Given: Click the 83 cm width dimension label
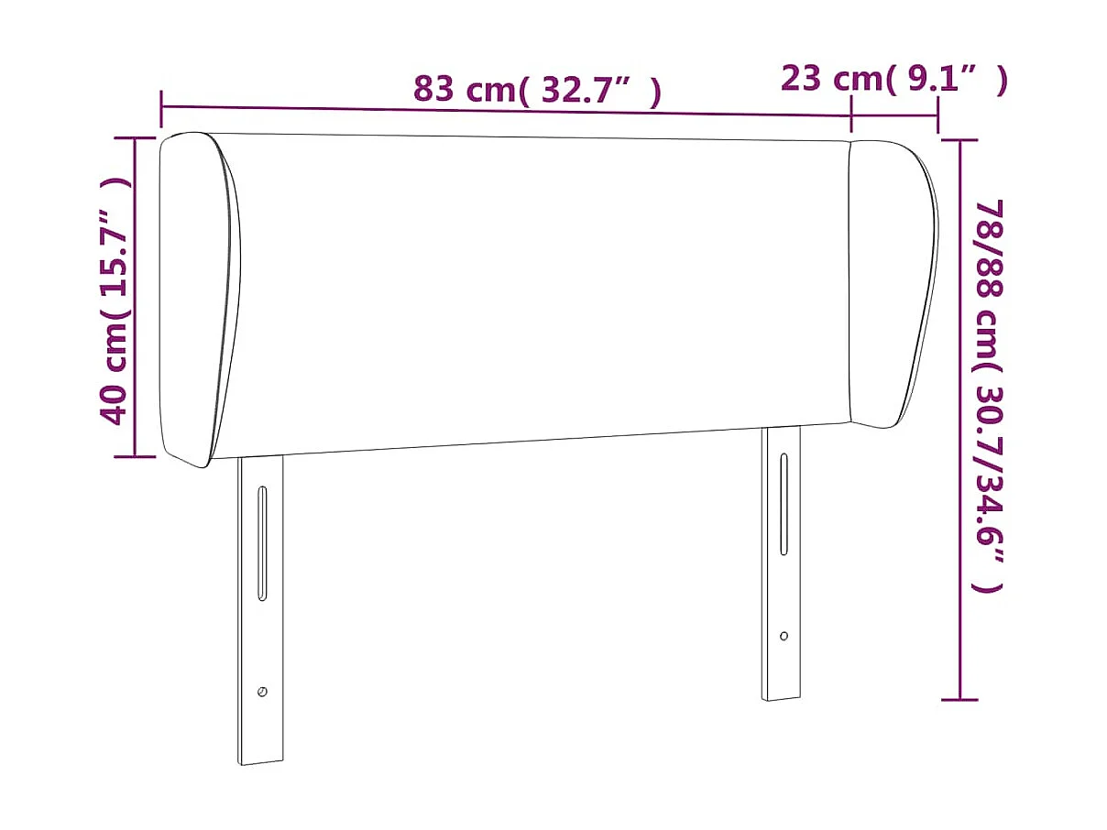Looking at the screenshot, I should click(537, 90).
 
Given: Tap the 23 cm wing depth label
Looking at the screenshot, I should click(893, 80).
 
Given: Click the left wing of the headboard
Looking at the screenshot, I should click(199, 298).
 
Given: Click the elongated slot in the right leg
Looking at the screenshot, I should click(784, 504).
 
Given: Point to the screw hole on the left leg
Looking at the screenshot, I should click(262, 692).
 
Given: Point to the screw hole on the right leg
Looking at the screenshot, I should click(784, 636).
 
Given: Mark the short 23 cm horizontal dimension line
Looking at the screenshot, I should click(894, 115).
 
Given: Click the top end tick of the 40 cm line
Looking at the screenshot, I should click(135, 138).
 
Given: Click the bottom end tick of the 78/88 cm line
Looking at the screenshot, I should click(959, 700).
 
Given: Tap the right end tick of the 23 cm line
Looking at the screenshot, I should click(937, 115).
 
